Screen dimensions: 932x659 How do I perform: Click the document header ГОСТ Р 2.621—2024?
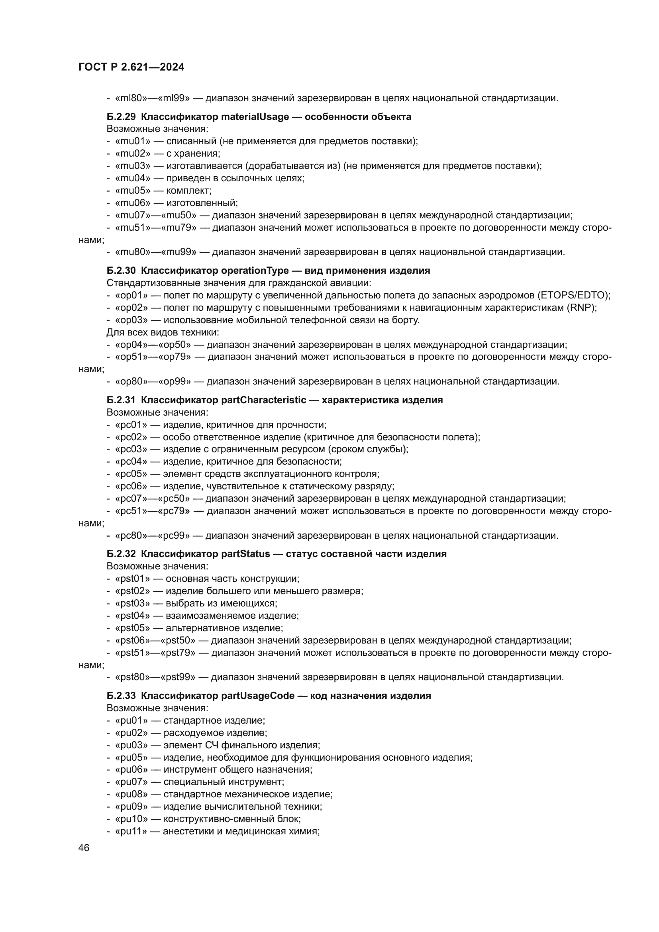pos(131,67)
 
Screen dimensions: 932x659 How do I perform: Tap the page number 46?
pos(84,848)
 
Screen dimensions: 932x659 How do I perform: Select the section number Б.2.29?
pos(121,117)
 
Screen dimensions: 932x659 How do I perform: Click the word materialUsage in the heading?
pos(255,117)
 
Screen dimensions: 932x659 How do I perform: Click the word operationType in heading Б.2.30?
pos(255,270)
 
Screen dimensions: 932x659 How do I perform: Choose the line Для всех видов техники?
pos(163,332)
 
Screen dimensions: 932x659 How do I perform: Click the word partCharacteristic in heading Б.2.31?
pos(264,400)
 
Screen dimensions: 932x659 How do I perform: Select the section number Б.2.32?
pos(121,554)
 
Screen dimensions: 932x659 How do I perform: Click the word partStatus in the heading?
pos(245,554)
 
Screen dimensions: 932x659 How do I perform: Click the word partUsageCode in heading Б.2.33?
pos(258,696)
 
